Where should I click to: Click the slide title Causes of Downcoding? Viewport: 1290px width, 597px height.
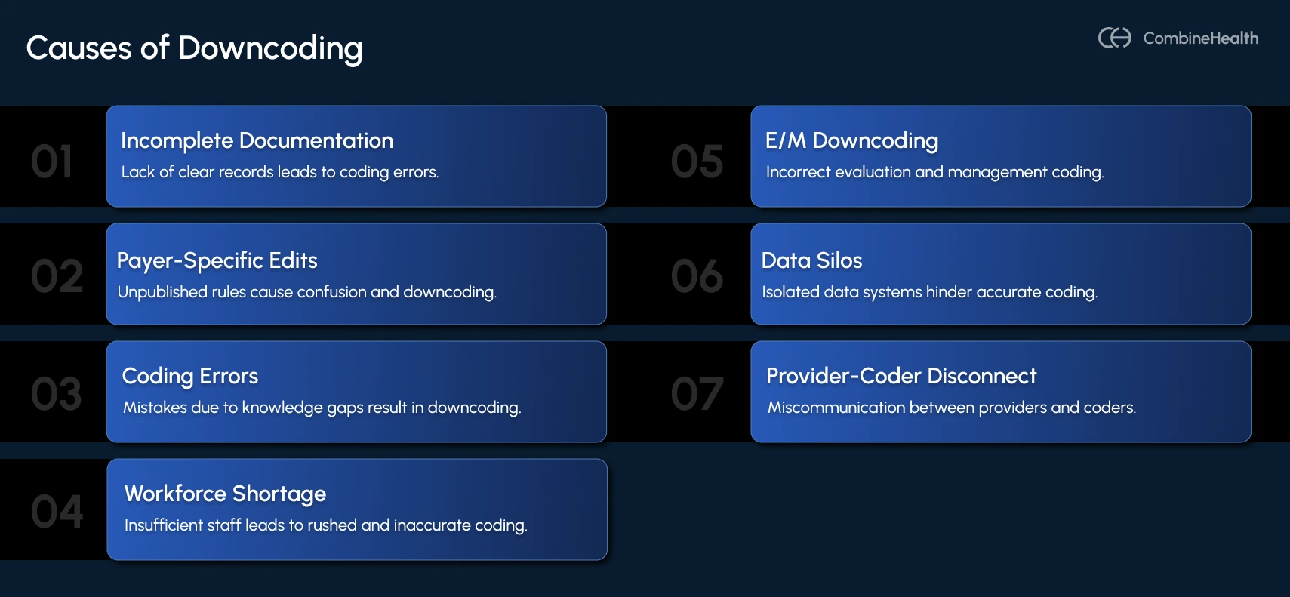pyautogui.click(x=194, y=48)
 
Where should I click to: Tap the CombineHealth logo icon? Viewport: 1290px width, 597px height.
pyautogui.click(x=1114, y=38)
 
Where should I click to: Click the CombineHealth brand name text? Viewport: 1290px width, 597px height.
pyautogui.click(x=1200, y=38)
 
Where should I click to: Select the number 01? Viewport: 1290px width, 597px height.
pyautogui.click(x=52, y=162)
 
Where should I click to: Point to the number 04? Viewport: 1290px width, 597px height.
pyautogui.click(x=57, y=512)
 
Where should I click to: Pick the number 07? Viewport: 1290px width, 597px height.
pyautogui.click(x=697, y=394)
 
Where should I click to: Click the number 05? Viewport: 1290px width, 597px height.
pyautogui.click(x=697, y=162)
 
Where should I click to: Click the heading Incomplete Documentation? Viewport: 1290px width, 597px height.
pyautogui.click(x=257, y=140)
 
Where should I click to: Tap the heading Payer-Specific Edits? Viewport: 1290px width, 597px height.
pyautogui.click(x=217, y=260)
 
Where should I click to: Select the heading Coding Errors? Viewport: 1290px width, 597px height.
pyautogui.click(x=190, y=376)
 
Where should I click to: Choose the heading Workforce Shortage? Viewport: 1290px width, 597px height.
pyautogui.click(x=225, y=494)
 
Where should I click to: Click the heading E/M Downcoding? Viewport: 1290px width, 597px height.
pyautogui.click(x=851, y=140)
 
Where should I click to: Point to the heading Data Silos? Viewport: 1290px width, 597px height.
pyautogui.click(x=811, y=260)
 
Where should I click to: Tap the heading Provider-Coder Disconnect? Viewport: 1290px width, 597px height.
pyautogui.click(x=901, y=376)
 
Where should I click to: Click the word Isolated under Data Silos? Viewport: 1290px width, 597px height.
pyautogui.click(x=790, y=292)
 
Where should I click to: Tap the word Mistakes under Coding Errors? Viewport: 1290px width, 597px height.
pyautogui.click(x=155, y=408)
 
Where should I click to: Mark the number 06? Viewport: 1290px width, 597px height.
pyautogui.click(x=697, y=276)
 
